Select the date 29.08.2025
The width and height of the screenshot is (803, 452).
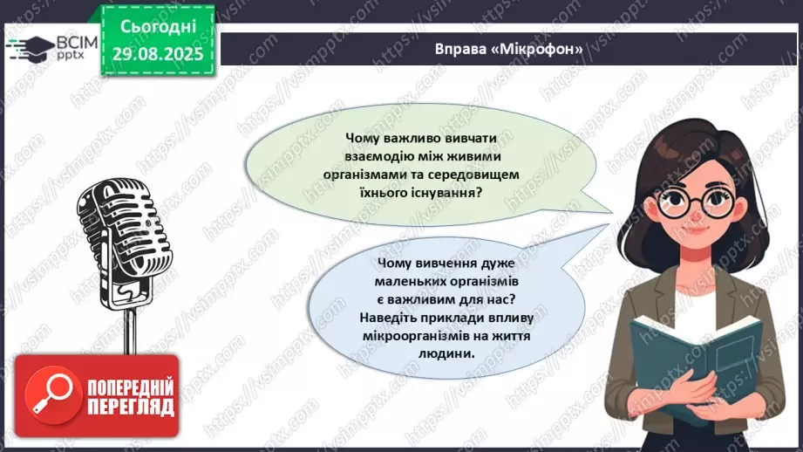[x=158, y=54]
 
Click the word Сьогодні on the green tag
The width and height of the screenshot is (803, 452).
[x=158, y=27]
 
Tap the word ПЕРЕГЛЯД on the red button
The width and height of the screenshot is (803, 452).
[x=131, y=407]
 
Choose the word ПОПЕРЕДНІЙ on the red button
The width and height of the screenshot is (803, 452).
[x=131, y=387]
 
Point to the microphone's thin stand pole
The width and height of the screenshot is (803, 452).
[x=131, y=331]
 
